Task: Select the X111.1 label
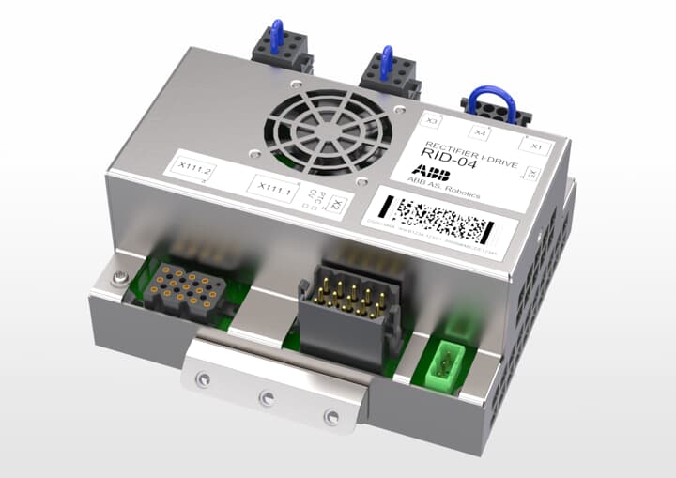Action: (x=272, y=189)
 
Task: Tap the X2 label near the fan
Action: (x=339, y=206)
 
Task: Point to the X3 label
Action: (x=433, y=121)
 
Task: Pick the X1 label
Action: (x=536, y=146)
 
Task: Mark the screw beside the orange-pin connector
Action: (x=118, y=277)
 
